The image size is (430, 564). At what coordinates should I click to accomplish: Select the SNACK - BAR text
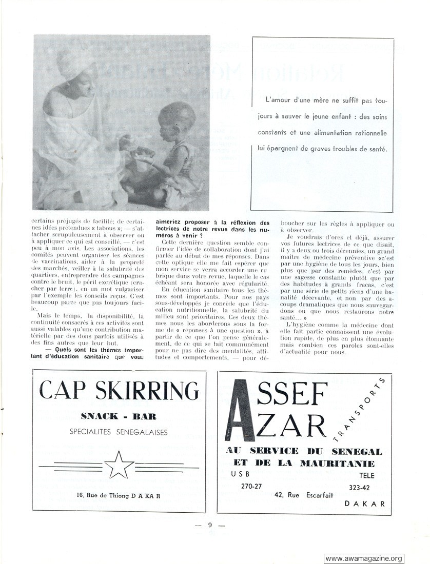tap(119, 415)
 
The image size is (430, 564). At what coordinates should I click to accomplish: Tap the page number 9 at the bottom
tap(210, 524)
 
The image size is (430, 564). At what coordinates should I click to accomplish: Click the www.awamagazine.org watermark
tap(364, 558)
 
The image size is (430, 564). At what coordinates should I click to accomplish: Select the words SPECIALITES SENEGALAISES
tap(119, 432)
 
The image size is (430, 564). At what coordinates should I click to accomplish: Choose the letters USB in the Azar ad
tap(240, 475)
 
